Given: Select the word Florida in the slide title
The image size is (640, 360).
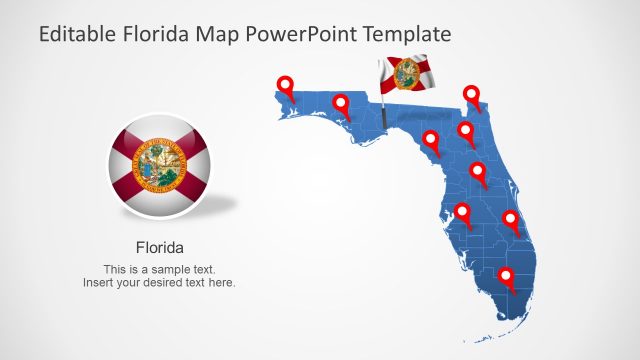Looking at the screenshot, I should tap(156, 35).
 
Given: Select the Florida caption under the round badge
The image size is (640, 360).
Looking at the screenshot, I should tap(159, 246).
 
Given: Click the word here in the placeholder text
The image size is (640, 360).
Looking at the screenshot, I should tap(220, 283).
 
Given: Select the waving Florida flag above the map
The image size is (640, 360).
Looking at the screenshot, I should tap(404, 74).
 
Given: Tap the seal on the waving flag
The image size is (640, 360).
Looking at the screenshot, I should tap(407, 73).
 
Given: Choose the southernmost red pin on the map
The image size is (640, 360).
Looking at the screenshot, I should tap(506, 277).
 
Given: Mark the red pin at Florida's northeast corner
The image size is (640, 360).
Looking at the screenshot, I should tap(472, 95).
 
